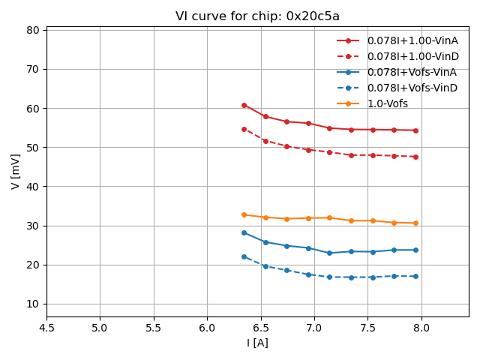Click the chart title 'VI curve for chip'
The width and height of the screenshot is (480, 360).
tap(257, 16)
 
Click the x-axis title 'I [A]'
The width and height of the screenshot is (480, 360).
tap(257, 343)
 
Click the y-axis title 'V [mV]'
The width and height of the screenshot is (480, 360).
tap(16, 171)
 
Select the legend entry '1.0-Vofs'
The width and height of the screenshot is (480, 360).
tap(387, 103)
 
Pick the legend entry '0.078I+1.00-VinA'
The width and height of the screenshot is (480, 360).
tap(412, 40)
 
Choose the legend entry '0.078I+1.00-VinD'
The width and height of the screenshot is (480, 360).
tap(412, 56)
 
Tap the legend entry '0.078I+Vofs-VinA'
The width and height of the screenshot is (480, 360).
tap(412, 72)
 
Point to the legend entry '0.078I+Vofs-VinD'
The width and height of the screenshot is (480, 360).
tap(412, 88)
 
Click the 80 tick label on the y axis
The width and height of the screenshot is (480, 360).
tap(33, 30)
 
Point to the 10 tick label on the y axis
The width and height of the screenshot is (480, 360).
tap(33, 304)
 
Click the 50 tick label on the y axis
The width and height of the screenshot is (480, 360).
tap(33, 147)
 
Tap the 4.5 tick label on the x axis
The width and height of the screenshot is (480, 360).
tap(46, 328)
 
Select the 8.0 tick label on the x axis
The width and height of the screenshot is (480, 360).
tap(421, 328)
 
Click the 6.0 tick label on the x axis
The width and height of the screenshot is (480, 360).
tap(207, 328)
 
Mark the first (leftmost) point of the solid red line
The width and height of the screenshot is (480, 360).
tap(244, 105)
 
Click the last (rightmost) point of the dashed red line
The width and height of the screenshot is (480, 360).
tap(415, 157)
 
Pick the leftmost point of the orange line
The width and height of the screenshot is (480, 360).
tap(244, 214)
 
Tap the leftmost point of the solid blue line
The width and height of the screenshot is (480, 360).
tap(244, 232)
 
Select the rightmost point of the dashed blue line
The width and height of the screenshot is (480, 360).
tap(415, 276)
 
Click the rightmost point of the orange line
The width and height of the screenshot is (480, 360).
tap(415, 223)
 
